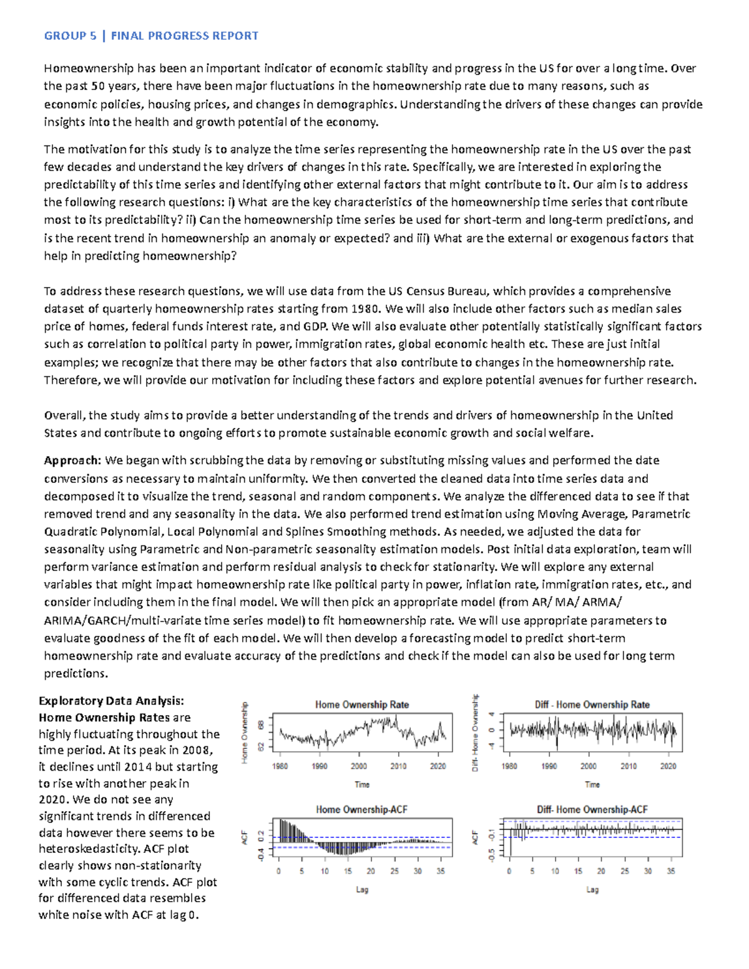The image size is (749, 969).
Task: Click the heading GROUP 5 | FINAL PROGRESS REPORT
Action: (151, 36)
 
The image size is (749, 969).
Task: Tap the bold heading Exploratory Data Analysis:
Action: (111, 701)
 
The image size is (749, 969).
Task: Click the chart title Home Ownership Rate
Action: (362, 704)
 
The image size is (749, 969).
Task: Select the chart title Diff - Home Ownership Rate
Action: (592, 704)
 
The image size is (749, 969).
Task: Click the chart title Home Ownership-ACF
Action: (361, 809)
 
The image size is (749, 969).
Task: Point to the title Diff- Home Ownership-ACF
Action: (592, 809)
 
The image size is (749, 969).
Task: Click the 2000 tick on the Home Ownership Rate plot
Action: (358, 766)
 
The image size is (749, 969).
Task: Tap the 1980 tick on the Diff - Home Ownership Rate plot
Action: (510, 766)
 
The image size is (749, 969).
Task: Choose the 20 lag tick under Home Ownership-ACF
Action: (371, 871)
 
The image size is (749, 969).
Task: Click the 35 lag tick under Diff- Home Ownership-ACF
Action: (671, 871)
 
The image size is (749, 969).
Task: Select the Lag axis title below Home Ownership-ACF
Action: (362, 890)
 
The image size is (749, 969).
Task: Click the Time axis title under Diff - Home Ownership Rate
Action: (592, 785)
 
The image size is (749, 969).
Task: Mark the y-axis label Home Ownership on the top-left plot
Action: (245, 732)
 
